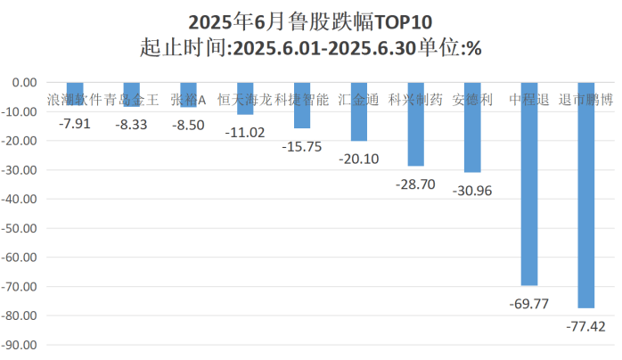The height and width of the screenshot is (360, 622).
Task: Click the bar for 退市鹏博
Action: (x=585, y=194)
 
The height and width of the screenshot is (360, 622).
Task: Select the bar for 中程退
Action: (x=528, y=183)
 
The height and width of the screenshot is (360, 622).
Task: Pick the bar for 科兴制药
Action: (x=415, y=124)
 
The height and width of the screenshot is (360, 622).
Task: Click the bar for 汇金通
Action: (x=358, y=111)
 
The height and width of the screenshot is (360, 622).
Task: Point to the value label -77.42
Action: (x=585, y=326)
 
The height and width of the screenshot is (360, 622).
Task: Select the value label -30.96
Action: (x=472, y=191)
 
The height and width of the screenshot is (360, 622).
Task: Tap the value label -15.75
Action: (x=301, y=147)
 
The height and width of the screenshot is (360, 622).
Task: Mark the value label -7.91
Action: (x=74, y=125)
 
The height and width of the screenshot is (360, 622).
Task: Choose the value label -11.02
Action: (x=244, y=132)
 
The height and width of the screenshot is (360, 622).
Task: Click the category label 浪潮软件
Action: (x=74, y=100)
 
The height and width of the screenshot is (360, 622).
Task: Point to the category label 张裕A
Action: (x=188, y=100)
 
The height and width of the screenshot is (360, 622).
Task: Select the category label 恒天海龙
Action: (x=244, y=100)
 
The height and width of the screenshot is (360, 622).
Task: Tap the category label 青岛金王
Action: (x=131, y=100)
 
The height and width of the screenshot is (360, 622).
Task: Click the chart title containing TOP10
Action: (x=311, y=20)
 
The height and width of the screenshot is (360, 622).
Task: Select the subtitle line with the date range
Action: (x=311, y=48)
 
